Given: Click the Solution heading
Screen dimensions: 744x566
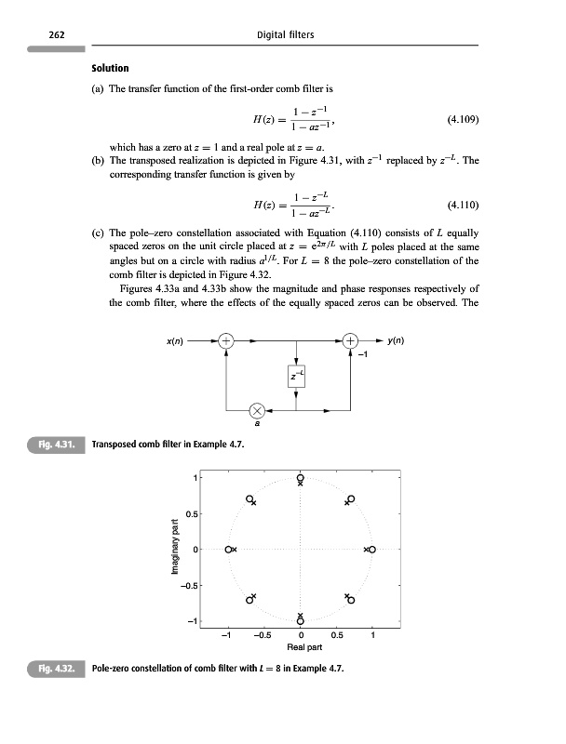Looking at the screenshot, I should tap(110, 69).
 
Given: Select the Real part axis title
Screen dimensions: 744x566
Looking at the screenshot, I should tap(299, 648).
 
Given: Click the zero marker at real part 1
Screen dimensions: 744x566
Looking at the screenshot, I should tap(372, 550).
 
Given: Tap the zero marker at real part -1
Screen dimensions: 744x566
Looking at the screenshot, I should tap(228, 550).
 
